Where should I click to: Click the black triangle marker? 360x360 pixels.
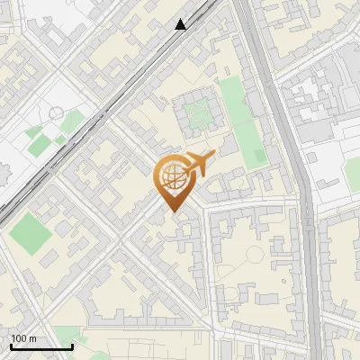181,24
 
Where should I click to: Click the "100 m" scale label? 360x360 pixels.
24,338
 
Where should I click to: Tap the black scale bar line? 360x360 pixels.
41,346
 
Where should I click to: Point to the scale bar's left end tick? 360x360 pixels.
11,345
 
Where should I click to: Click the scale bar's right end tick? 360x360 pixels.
72,345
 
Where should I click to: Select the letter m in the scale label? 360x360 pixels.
33,338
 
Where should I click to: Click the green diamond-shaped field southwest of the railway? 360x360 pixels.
31,232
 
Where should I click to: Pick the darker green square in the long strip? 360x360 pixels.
259,156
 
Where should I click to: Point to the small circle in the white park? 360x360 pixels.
57,114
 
